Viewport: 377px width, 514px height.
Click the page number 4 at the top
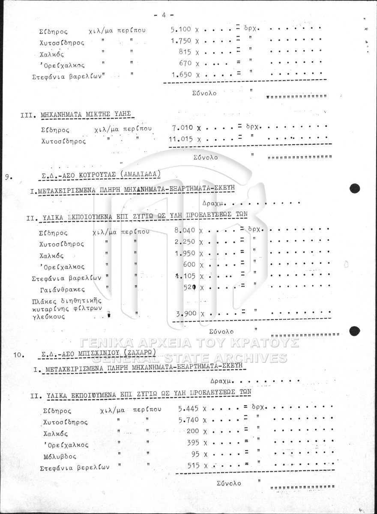(x=164, y=15)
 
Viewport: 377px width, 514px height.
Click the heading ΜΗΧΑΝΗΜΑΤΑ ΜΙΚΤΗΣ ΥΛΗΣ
(x=85, y=115)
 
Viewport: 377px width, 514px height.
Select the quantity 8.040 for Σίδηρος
(x=185, y=230)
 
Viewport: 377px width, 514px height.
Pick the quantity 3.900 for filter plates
(x=186, y=313)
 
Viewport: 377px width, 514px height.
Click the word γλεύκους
(x=48, y=317)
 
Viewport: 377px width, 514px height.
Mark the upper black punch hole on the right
(x=354, y=188)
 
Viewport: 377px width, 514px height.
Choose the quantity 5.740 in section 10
(x=188, y=420)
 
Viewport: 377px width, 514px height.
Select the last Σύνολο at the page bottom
(x=229, y=483)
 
